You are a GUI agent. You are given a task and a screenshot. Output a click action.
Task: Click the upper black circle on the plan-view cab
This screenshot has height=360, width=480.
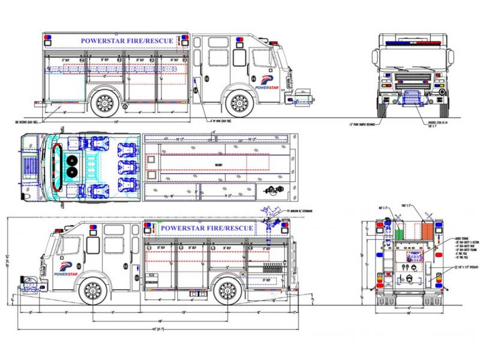[74, 158]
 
